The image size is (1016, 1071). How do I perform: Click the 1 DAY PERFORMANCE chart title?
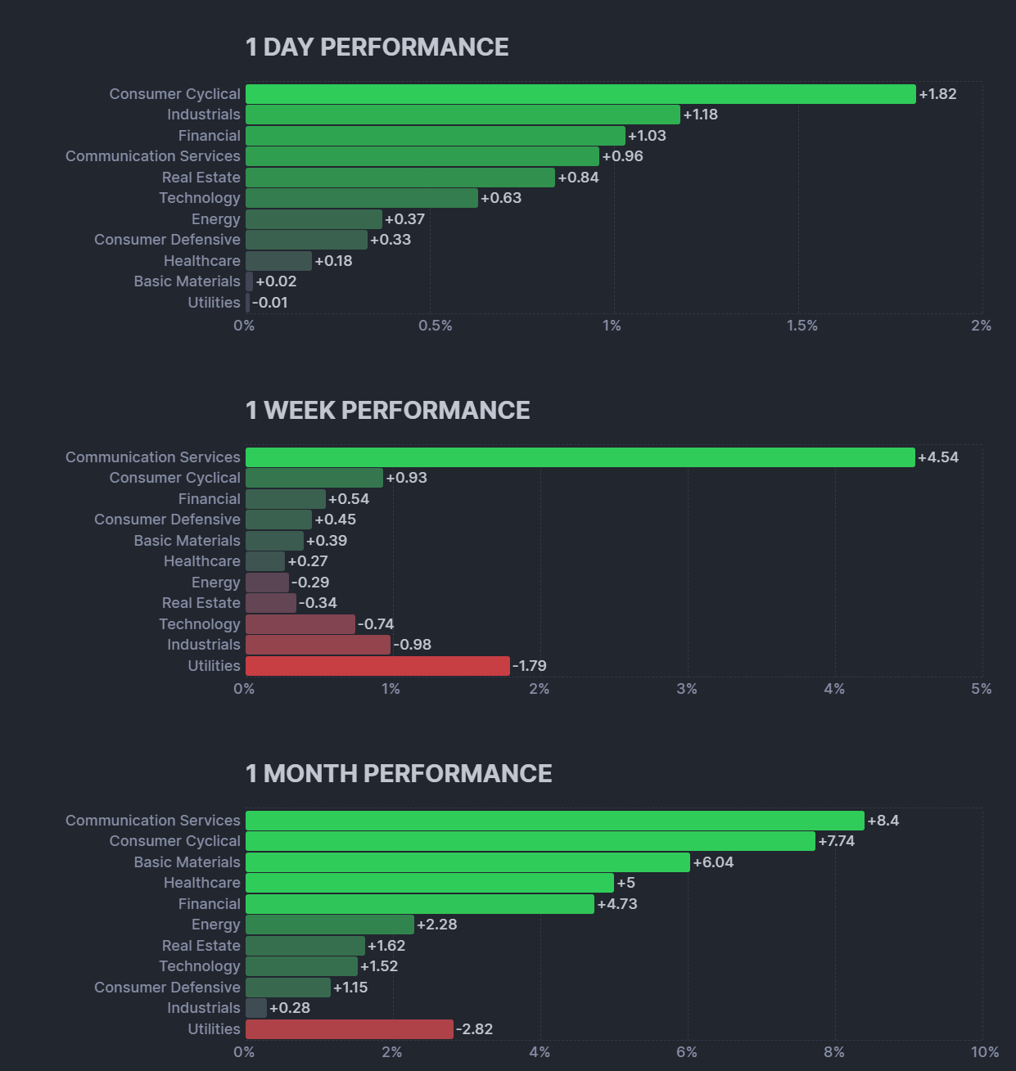click(x=377, y=47)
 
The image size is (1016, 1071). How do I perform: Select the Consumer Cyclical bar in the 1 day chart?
click(x=580, y=94)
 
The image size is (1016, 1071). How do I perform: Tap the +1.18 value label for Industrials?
click(x=700, y=115)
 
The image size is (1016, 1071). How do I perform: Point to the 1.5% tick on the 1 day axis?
click(x=802, y=326)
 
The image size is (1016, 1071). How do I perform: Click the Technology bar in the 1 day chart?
click(x=361, y=198)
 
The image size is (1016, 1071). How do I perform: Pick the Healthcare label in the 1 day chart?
click(x=201, y=261)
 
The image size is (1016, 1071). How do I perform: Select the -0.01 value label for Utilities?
click(x=270, y=303)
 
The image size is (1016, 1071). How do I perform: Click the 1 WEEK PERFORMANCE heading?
click(x=387, y=411)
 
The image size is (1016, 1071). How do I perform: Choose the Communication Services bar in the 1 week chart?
click(x=580, y=457)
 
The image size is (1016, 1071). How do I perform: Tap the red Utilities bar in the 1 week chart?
click(x=377, y=666)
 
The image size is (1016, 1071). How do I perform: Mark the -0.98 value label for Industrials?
click(x=413, y=645)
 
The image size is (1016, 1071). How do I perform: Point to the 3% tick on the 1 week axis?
click(x=687, y=689)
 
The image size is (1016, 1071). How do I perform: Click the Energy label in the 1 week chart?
click(x=216, y=583)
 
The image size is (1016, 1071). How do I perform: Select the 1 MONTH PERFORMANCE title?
click(x=398, y=774)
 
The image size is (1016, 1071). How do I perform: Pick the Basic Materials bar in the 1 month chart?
click(x=467, y=862)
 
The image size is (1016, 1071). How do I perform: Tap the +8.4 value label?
click(x=883, y=821)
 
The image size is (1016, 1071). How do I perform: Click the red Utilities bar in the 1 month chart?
click(x=349, y=1029)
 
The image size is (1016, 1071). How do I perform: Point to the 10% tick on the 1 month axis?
click(x=984, y=1052)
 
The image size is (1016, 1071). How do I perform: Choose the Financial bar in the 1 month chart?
click(x=419, y=904)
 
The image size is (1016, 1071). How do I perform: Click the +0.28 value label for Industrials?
click(x=290, y=1008)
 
